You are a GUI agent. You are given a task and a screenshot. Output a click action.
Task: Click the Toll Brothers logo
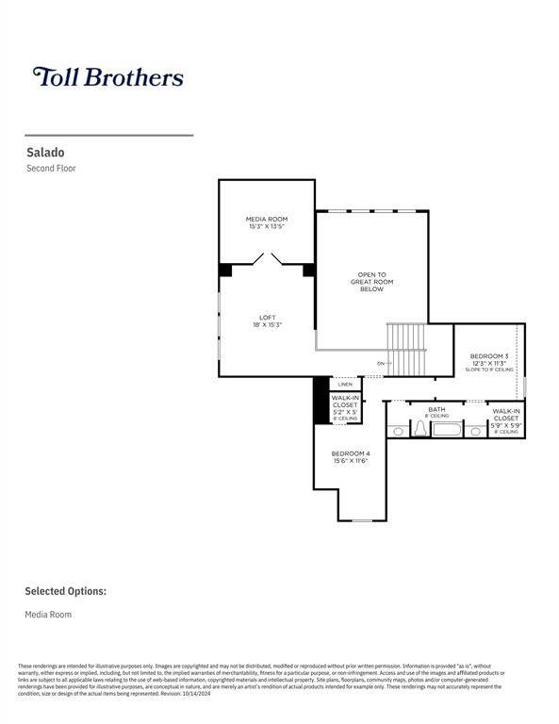[x=107, y=76]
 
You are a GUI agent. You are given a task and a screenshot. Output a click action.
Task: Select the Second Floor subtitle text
[x=51, y=169]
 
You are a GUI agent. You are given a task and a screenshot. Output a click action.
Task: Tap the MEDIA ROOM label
[x=267, y=222]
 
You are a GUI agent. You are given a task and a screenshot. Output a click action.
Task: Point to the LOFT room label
[x=267, y=321]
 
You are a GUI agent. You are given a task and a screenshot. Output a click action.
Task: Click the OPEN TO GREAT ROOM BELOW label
[x=371, y=282]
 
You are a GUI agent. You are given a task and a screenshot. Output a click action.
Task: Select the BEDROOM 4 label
[x=350, y=457]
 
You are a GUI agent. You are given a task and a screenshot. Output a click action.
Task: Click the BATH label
[x=436, y=412]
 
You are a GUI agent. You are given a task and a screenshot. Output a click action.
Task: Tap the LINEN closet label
[x=345, y=385]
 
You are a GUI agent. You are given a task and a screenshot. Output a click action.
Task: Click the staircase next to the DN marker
[x=407, y=348]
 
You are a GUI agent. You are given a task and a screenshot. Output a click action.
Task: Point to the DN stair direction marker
[x=381, y=363]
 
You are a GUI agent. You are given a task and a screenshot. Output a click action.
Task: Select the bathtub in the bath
[x=446, y=429]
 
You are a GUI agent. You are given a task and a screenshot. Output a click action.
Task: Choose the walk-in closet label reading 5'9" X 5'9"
[x=506, y=418]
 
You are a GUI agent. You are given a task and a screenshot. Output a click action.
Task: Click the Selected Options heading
[x=65, y=591]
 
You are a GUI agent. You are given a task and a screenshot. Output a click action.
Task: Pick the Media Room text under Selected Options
[x=48, y=615]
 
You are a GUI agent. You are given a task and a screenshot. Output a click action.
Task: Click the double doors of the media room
[x=267, y=258]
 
